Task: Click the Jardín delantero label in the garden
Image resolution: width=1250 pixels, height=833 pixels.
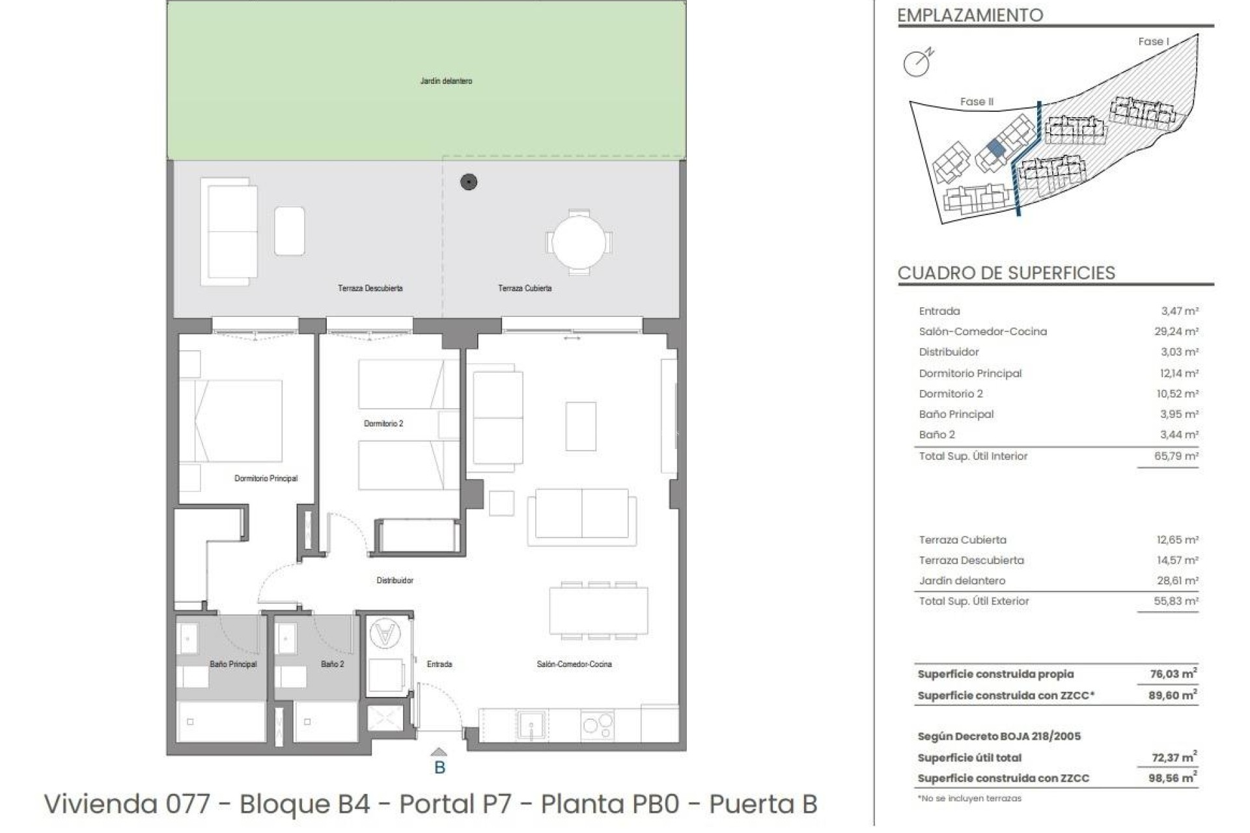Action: tap(446, 81)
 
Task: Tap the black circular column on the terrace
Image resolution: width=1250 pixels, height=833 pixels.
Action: tap(469, 182)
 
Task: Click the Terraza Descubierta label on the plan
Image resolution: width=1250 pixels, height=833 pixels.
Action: tap(370, 288)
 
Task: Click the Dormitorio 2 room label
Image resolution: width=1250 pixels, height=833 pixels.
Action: tap(383, 424)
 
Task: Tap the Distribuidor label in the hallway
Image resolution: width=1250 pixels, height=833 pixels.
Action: tap(395, 580)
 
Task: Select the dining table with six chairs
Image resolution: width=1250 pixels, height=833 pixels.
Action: tap(598, 610)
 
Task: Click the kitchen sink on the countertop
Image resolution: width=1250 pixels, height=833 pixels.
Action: tap(532, 724)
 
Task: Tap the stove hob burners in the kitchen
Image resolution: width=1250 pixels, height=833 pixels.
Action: tap(597, 724)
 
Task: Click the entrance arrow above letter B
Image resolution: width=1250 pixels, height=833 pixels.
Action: tap(439, 752)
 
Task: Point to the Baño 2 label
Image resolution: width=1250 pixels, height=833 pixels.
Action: tap(332, 664)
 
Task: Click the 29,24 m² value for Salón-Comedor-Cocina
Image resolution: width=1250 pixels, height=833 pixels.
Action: tap(1176, 331)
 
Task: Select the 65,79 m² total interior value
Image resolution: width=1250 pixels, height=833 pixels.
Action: tap(1176, 456)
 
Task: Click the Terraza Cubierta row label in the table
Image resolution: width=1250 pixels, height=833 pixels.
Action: tap(962, 540)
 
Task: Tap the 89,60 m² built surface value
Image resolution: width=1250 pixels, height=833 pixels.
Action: tap(1173, 696)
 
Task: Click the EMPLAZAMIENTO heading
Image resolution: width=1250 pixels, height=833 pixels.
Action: tap(970, 15)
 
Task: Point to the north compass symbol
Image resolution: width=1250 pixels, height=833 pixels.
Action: tap(918, 62)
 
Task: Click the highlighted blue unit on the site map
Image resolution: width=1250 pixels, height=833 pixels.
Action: tap(995, 148)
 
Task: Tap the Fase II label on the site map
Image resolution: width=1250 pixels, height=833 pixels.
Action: tap(977, 102)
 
